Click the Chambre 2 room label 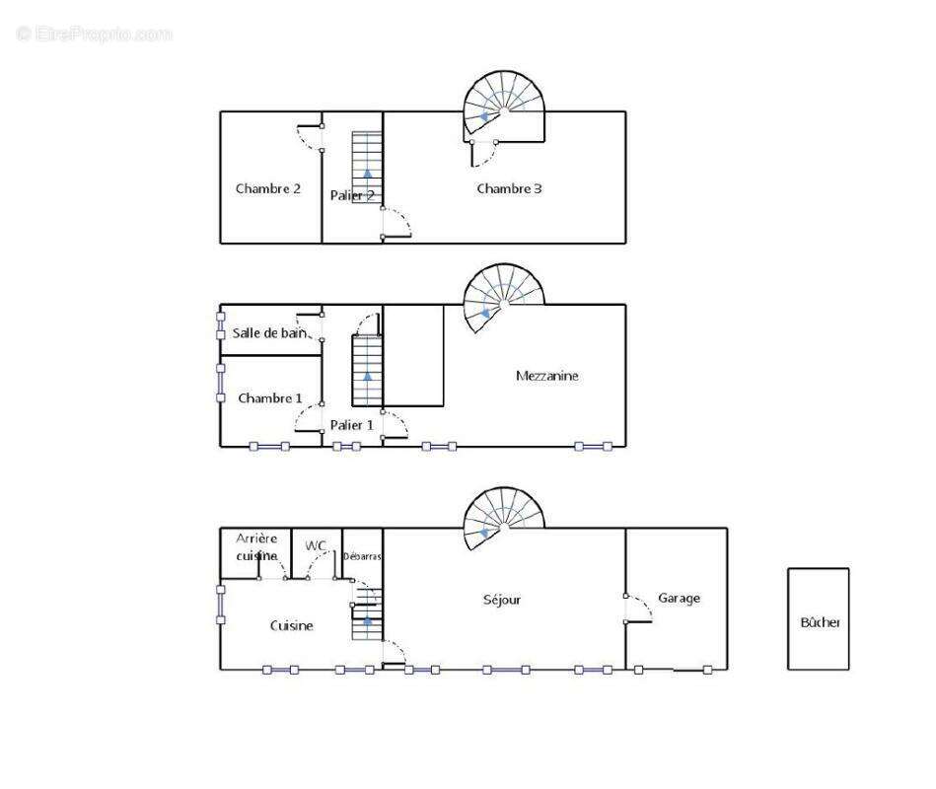click(x=268, y=188)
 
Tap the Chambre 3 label click(x=509, y=188)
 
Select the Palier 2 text click(x=352, y=195)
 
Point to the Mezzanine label click(x=546, y=376)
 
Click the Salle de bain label click(x=269, y=333)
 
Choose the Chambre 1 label click(x=270, y=398)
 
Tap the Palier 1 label click(x=351, y=425)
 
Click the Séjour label click(x=502, y=600)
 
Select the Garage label click(x=679, y=598)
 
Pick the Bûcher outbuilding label click(x=821, y=622)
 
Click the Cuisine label click(x=291, y=625)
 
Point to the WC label click(x=316, y=545)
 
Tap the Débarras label click(x=362, y=556)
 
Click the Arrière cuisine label click(x=256, y=546)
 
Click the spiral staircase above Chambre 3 click(x=504, y=108)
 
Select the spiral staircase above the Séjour click(x=504, y=519)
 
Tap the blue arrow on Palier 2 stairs click(x=367, y=173)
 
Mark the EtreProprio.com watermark click(x=95, y=34)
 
